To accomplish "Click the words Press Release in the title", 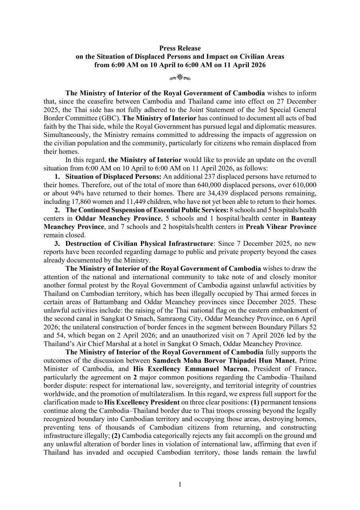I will [180, 49].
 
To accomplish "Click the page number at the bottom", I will [180, 484].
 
